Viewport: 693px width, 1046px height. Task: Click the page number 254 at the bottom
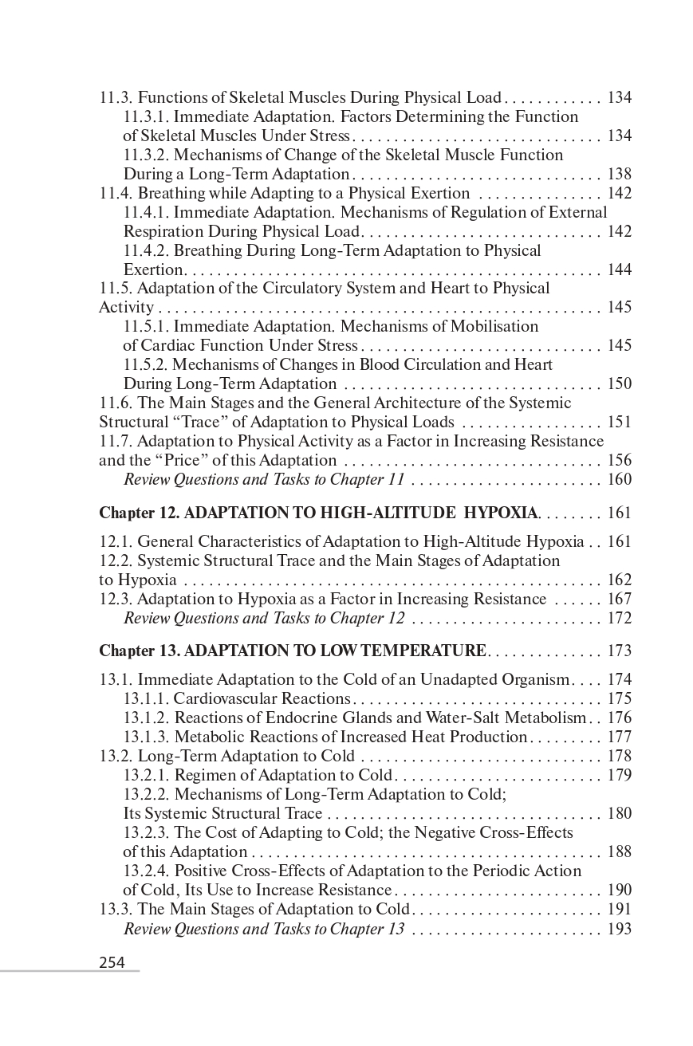(112, 962)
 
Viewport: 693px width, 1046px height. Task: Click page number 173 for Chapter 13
(619, 651)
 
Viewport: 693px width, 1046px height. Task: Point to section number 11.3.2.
(146, 155)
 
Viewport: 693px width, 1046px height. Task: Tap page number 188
(619, 852)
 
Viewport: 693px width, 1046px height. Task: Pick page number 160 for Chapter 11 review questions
(619, 479)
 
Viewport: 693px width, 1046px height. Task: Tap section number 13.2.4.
(146, 871)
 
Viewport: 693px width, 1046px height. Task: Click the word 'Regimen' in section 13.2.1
(203, 776)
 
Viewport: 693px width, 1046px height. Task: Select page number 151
(619, 422)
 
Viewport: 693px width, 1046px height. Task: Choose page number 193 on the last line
(619, 929)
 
